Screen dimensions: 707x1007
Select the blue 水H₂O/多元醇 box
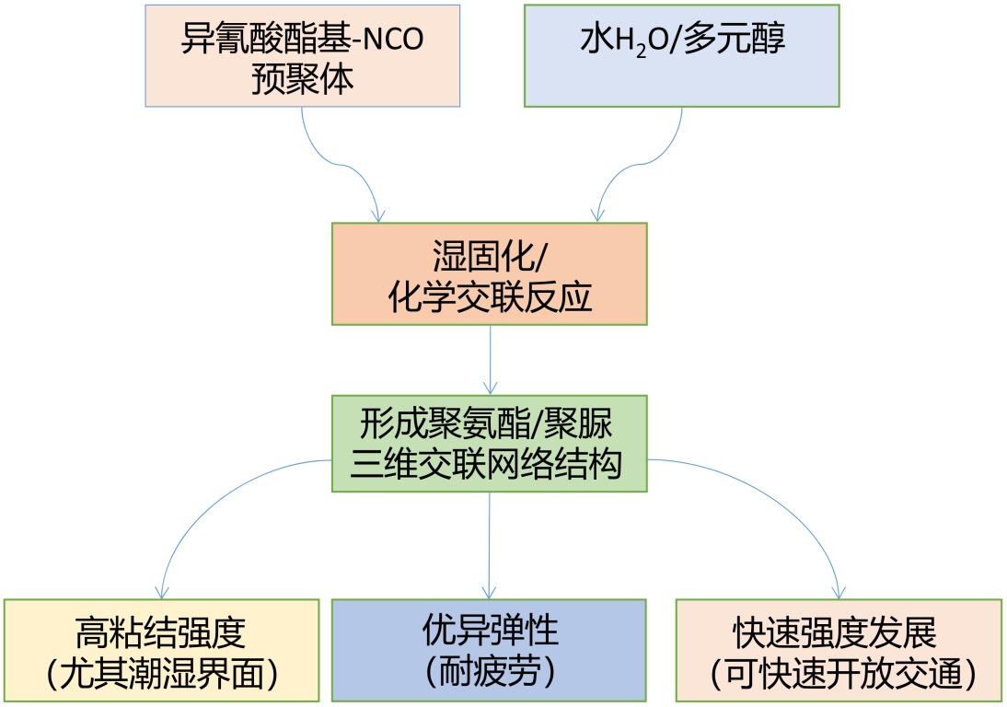(x=681, y=55)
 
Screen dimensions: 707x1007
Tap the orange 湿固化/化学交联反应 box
(x=489, y=273)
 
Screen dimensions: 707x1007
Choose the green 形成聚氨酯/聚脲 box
(x=489, y=444)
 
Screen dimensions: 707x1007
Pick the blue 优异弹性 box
(x=489, y=650)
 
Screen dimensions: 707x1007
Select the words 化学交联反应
(x=489, y=297)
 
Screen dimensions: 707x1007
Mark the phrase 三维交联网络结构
(x=489, y=465)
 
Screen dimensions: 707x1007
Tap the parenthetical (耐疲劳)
(x=489, y=673)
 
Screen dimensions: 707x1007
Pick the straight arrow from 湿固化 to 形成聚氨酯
(x=490, y=359)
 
